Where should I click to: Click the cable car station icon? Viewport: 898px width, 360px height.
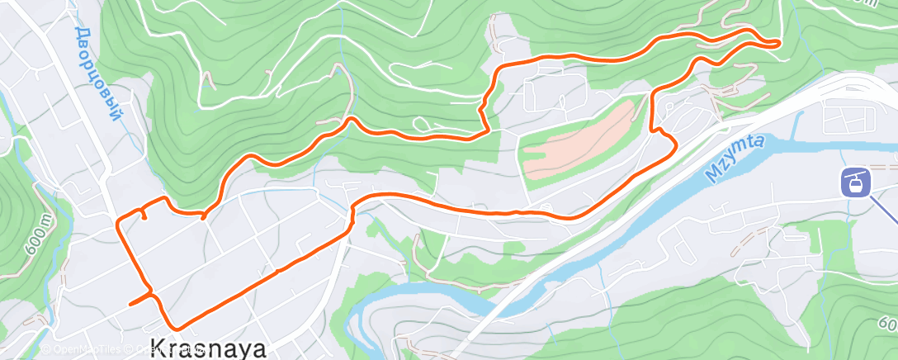coord(855,182)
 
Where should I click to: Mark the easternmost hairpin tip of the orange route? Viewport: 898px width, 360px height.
coord(777,43)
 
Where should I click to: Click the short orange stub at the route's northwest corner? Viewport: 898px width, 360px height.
coord(144,215)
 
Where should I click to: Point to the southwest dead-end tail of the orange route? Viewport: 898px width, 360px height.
coord(132,303)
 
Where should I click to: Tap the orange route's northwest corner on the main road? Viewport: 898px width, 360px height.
coord(119,221)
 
